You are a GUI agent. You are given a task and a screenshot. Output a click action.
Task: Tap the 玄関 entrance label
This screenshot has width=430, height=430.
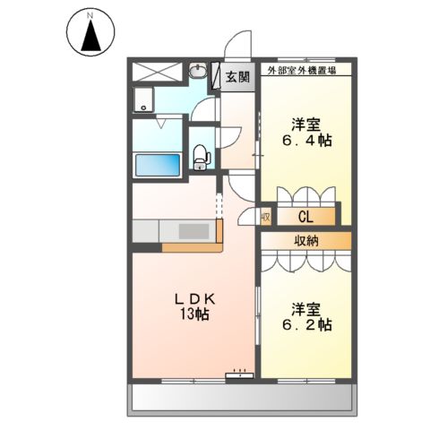236,77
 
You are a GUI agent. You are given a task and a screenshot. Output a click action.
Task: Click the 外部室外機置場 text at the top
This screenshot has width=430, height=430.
304,68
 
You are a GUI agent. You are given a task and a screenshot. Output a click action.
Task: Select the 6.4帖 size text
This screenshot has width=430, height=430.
304,141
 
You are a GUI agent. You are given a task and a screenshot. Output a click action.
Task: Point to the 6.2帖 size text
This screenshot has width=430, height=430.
310,325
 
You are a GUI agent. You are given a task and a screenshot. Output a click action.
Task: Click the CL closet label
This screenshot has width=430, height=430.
305,216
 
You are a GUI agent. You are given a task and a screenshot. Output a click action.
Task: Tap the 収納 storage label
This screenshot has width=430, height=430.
305,240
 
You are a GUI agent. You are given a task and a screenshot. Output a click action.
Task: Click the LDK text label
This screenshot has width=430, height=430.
195,298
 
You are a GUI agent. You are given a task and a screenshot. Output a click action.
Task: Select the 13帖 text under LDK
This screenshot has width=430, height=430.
195,314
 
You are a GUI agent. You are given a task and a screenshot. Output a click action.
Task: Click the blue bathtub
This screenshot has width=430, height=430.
158,165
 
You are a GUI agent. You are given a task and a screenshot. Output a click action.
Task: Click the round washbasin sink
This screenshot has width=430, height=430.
200,72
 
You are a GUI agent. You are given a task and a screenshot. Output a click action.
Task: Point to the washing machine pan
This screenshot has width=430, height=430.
143,100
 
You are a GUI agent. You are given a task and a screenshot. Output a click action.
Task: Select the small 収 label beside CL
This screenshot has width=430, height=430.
266,216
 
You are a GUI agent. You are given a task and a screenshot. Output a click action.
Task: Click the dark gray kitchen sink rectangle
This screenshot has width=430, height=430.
192,230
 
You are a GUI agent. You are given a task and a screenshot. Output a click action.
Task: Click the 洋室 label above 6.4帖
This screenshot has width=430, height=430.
305,123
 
